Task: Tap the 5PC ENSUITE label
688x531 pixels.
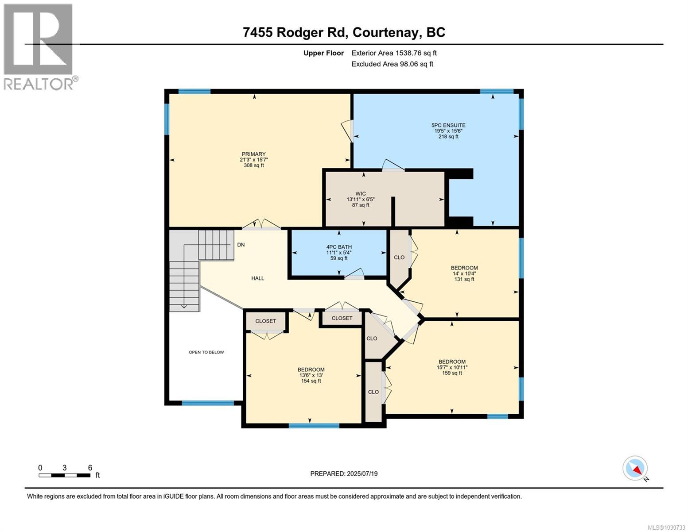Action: pos(449,125)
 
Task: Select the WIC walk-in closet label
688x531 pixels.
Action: pos(360,193)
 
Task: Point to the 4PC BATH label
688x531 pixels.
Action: pos(339,247)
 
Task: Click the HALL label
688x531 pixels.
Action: pos(257,278)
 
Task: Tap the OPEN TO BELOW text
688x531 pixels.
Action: pos(206,352)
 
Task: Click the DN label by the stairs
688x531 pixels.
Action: pos(241,245)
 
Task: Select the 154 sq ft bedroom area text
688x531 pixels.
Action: pos(310,381)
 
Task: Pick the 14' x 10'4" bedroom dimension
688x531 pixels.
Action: pos(464,273)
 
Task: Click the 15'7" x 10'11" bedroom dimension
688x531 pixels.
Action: pos(452,367)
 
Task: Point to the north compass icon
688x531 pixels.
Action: pos(635,468)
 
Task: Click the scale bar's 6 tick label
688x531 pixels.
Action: pos(90,468)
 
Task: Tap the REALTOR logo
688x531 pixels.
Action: pos(39,46)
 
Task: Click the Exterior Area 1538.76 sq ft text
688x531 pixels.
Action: pos(394,53)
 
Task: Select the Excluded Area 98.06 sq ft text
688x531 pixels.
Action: pos(392,64)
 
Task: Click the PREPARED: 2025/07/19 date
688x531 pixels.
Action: pos(344,473)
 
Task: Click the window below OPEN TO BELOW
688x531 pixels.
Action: pos(208,403)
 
